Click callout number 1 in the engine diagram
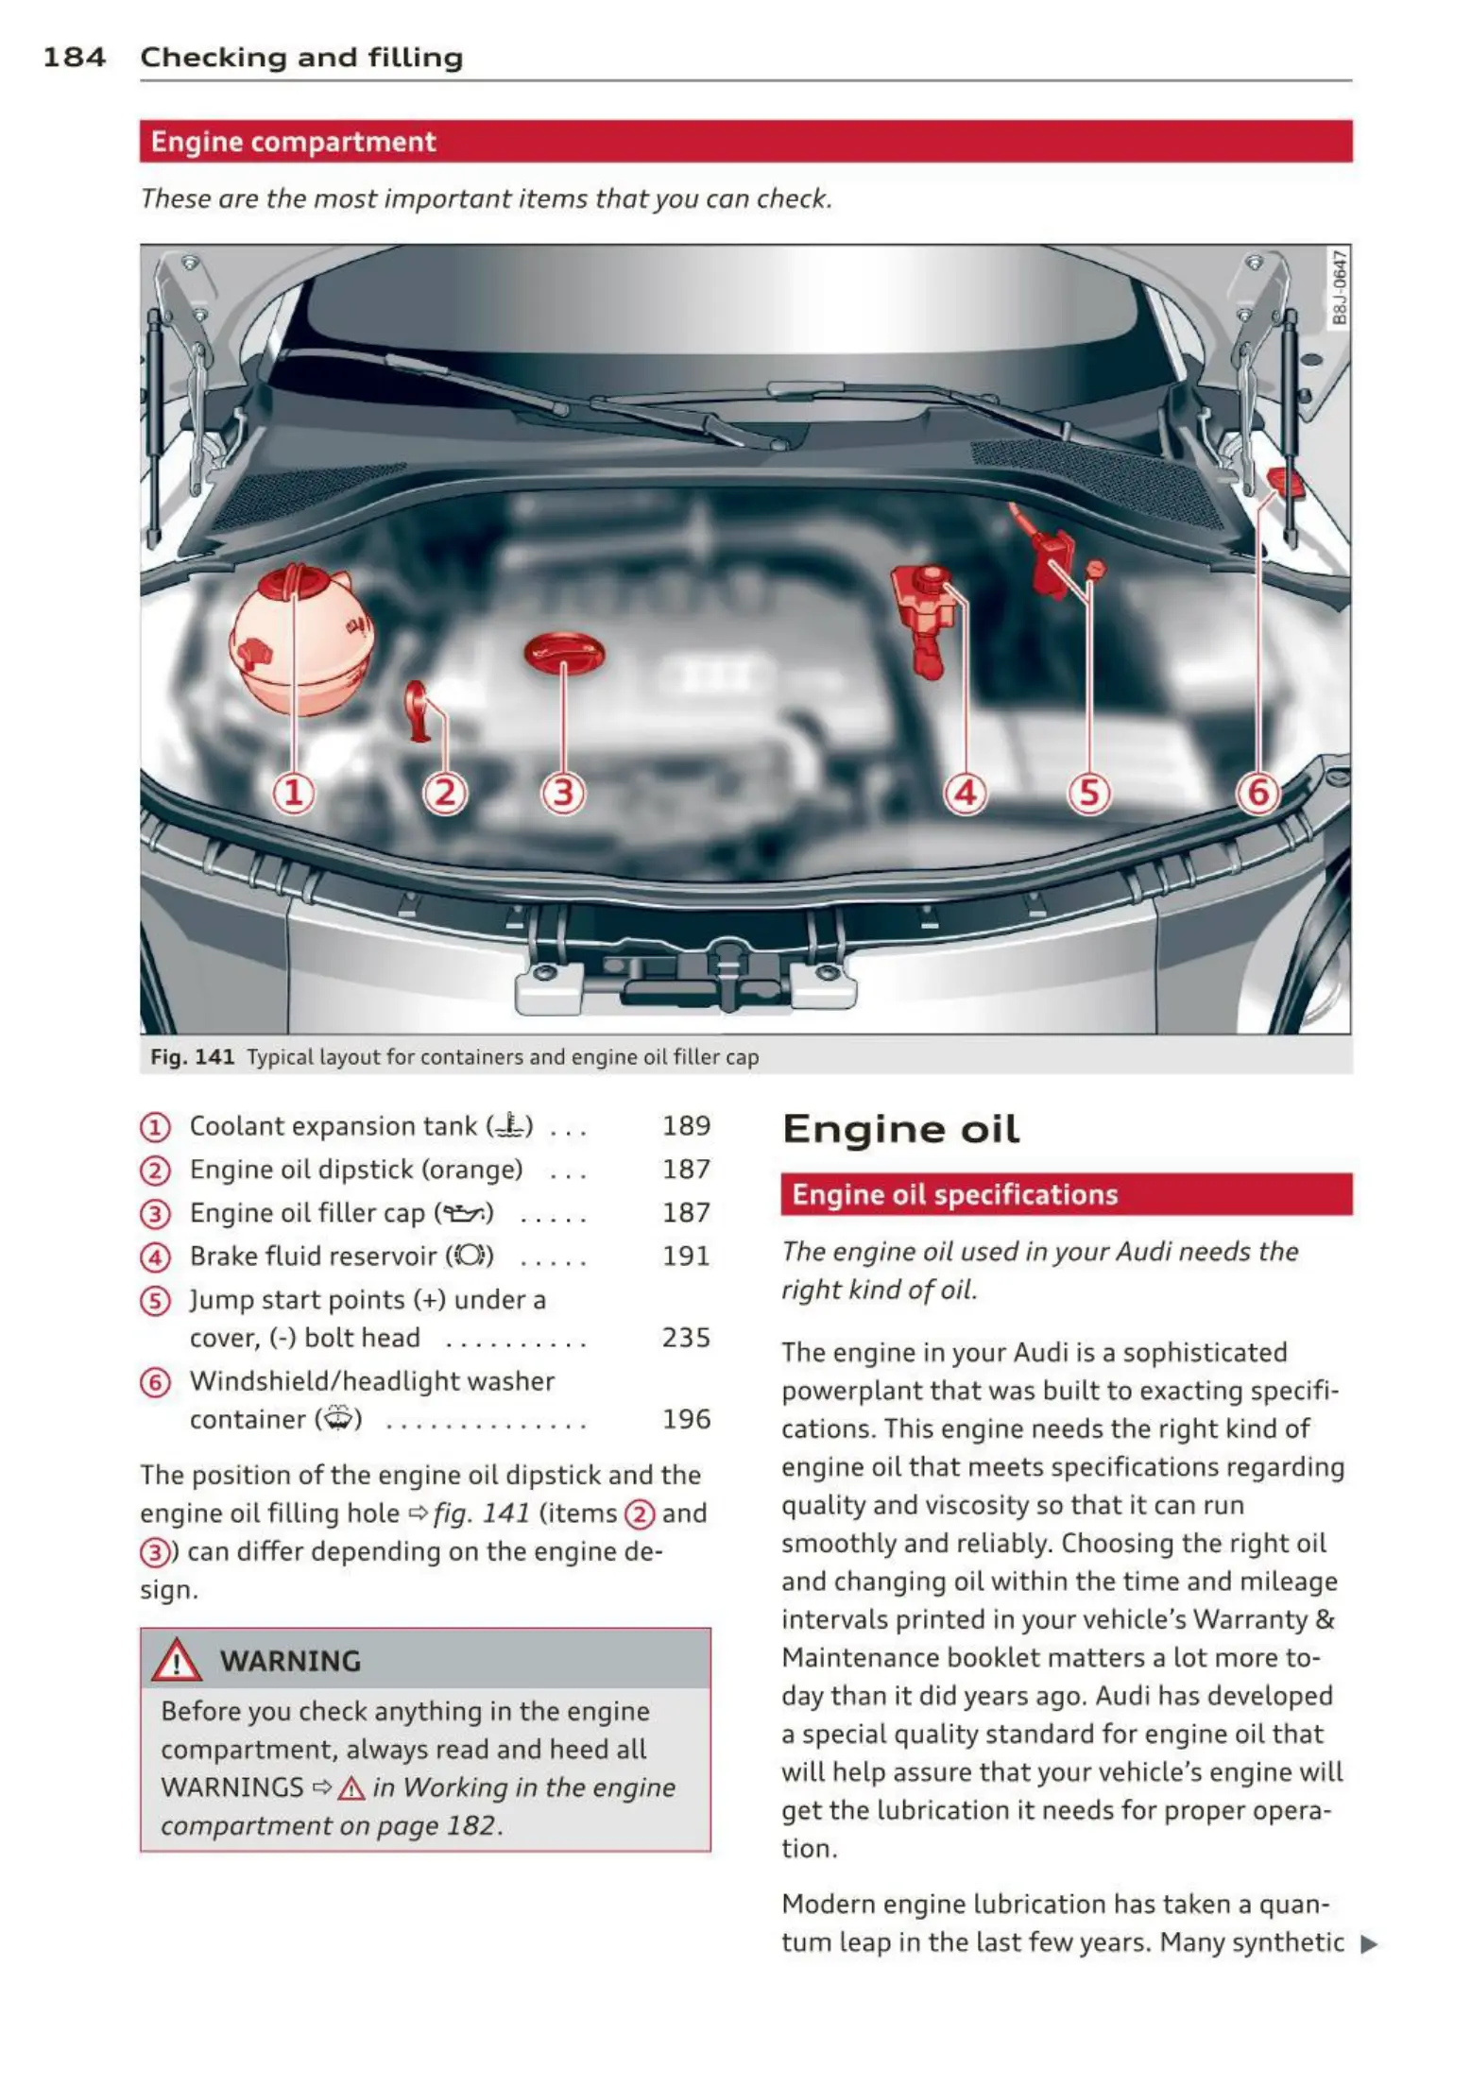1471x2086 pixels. (294, 793)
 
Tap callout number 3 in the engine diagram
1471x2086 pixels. (563, 793)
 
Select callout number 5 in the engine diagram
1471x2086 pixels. (1088, 793)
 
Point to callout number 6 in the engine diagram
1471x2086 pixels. (1258, 793)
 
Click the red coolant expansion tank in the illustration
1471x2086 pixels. (297, 639)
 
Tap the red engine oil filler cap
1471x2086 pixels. (564, 653)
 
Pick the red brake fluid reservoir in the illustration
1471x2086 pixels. (921, 613)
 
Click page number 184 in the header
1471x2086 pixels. (74, 58)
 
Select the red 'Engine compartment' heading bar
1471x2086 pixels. (745, 142)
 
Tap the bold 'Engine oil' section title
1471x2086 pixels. (900, 1129)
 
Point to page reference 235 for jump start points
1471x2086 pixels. (686, 1338)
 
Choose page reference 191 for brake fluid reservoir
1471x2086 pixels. (686, 1257)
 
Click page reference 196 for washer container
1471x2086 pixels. (686, 1419)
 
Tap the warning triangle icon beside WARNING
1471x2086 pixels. (177, 1661)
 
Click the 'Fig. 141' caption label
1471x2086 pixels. (193, 1057)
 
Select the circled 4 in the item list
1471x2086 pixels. (155, 1257)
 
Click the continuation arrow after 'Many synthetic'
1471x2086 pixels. (1368, 1944)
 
